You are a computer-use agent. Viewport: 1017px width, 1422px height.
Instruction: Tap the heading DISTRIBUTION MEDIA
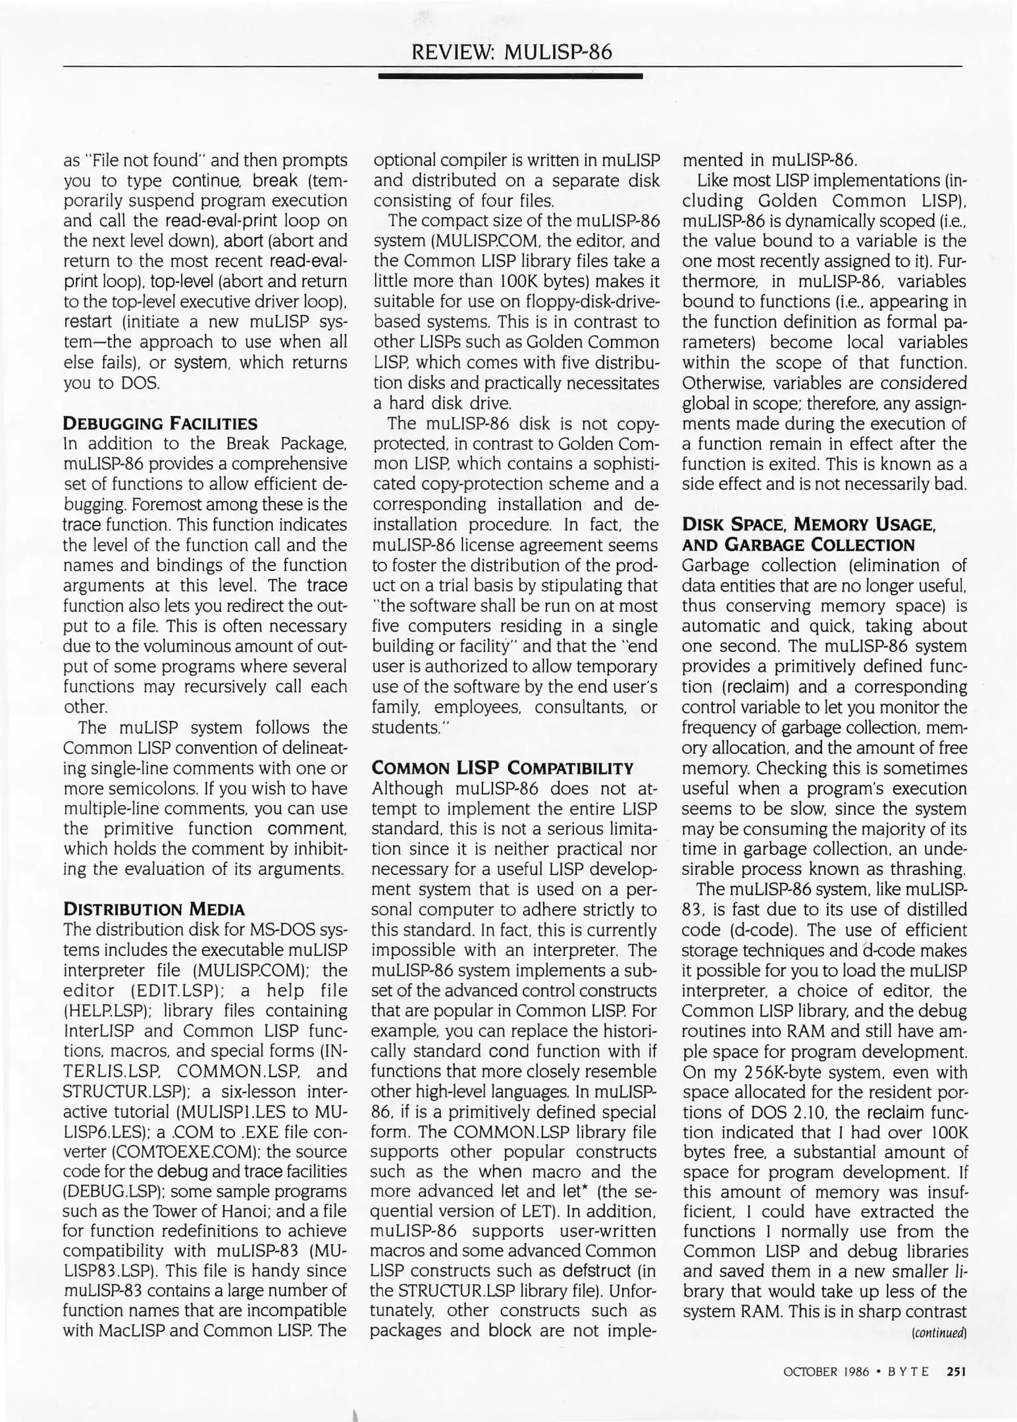click(x=153, y=910)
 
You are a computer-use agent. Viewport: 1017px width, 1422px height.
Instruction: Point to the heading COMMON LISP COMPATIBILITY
click(x=502, y=768)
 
